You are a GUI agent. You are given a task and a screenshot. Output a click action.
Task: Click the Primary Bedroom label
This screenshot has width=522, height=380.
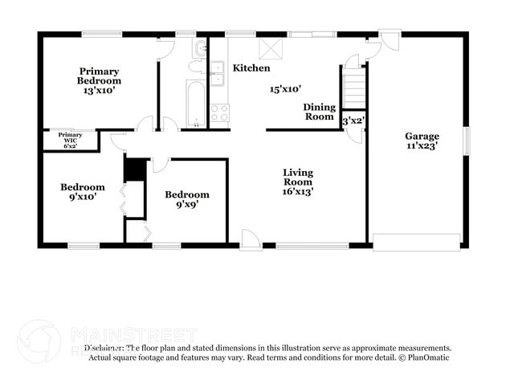pyautogui.click(x=99, y=76)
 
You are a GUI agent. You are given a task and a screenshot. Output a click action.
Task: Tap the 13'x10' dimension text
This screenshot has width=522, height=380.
pyautogui.click(x=99, y=91)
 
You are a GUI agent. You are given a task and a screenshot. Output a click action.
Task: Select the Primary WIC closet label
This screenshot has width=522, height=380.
pyautogui.click(x=70, y=138)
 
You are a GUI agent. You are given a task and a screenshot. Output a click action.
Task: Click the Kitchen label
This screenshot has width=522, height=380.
pyautogui.click(x=251, y=68)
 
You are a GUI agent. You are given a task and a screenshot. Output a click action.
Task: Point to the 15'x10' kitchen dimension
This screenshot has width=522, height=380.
pyautogui.click(x=285, y=89)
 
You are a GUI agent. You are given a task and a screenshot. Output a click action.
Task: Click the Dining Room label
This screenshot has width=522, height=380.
pyautogui.click(x=319, y=112)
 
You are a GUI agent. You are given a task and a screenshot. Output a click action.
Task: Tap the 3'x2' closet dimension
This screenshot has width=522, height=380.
pyautogui.click(x=353, y=121)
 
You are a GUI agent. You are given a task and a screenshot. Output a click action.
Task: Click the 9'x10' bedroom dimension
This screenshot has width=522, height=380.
pyautogui.click(x=83, y=196)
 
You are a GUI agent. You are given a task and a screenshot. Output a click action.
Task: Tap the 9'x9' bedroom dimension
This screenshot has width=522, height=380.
pyautogui.click(x=186, y=204)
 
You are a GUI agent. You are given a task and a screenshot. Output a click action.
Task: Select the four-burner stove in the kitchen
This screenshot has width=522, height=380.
pyautogui.click(x=219, y=112)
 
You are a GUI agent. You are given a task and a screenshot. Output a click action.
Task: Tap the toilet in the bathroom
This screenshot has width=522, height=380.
pyautogui.click(x=198, y=51)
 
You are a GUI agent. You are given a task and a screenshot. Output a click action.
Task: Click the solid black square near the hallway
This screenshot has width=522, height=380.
pyautogui.click(x=133, y=170)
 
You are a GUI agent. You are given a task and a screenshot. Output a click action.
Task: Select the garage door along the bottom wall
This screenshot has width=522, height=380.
pyautogui.click(x=417, y=241)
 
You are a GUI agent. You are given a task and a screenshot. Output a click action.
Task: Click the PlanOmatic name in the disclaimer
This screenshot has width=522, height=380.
pyautogui.click(x=430, y=357)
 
